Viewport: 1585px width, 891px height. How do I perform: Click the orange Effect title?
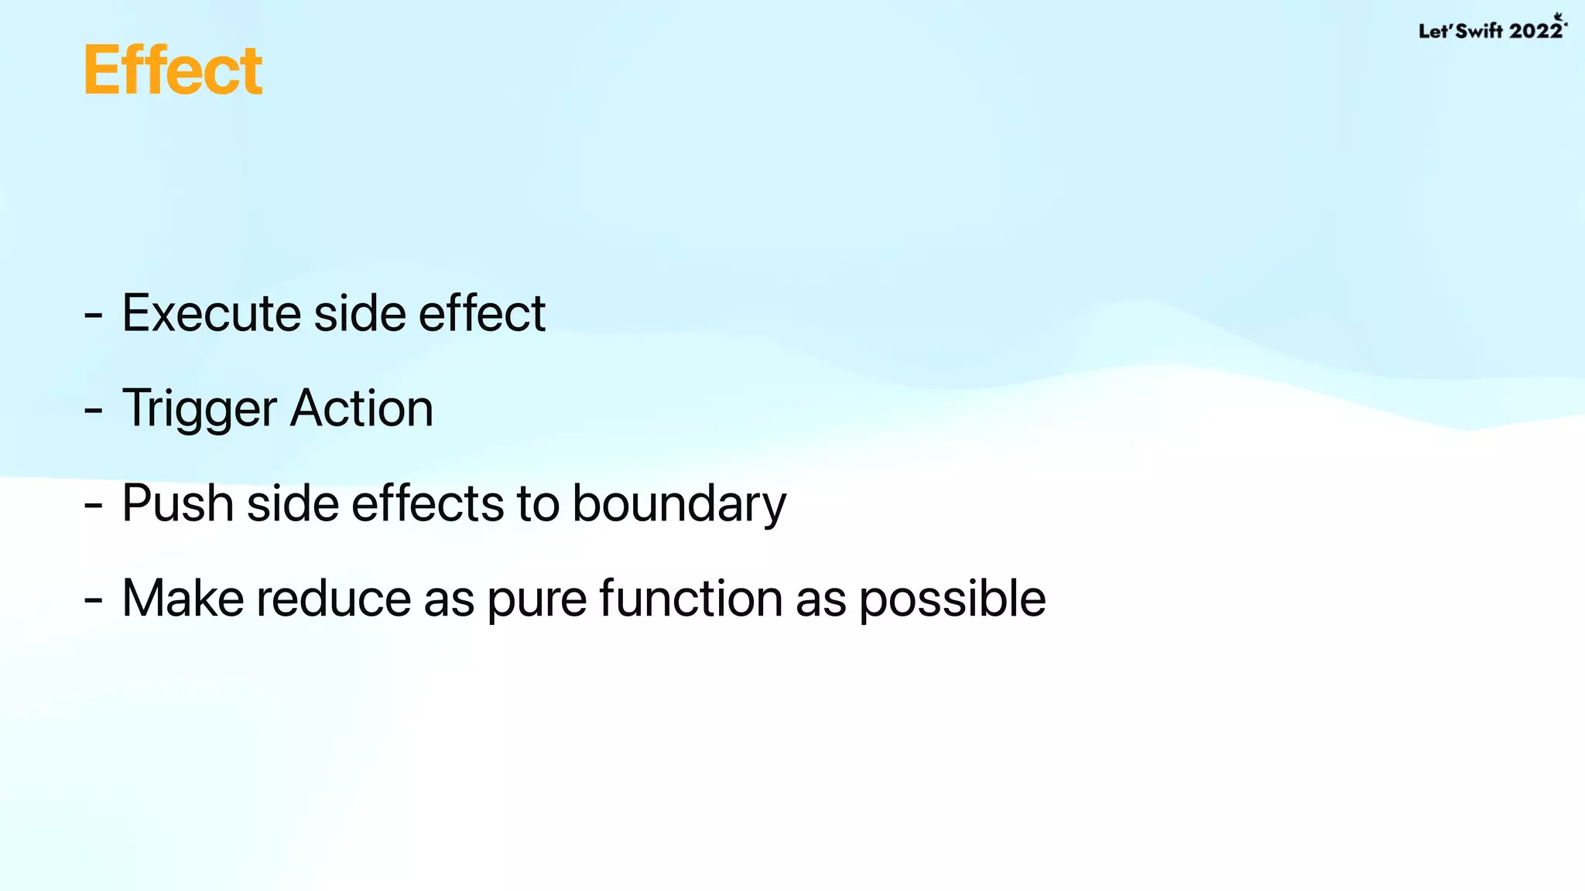173,70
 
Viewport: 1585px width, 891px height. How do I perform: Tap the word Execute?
211,313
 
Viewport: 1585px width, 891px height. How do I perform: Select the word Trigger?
200,408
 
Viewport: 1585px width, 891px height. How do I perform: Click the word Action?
361,408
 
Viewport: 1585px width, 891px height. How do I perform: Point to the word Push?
178,504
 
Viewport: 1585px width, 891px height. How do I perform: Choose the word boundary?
679,504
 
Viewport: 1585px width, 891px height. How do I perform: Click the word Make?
183,599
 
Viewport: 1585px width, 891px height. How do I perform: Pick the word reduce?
334,599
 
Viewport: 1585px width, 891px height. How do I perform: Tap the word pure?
536,600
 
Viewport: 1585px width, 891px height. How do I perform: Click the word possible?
952,599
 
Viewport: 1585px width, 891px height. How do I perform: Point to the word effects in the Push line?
428,504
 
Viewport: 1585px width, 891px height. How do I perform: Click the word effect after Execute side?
482,313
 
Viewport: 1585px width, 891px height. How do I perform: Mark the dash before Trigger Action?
94,411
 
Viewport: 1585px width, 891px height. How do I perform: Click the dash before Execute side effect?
94,316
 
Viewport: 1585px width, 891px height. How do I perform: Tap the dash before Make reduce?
94,602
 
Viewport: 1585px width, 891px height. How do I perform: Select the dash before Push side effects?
94,507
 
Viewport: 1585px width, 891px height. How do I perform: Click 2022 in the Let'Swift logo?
1535,31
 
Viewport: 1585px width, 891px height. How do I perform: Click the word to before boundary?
538,504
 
